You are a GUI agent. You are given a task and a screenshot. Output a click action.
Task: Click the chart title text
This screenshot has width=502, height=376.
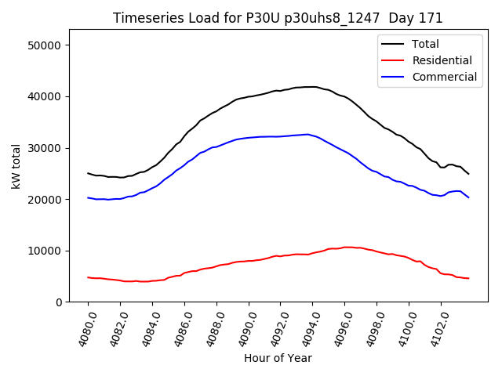click(x=278, y=18)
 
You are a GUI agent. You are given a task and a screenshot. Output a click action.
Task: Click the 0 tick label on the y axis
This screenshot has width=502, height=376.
click(x=59, y=302)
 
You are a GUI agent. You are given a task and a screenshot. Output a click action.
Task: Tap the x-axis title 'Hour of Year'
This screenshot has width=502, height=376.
click(x=278, y=359)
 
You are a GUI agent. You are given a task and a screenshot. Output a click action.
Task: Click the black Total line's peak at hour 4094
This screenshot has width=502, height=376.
click(x=312, y=87)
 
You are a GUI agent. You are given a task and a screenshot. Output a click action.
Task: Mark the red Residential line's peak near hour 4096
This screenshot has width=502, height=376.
click(x=346, y=248)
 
